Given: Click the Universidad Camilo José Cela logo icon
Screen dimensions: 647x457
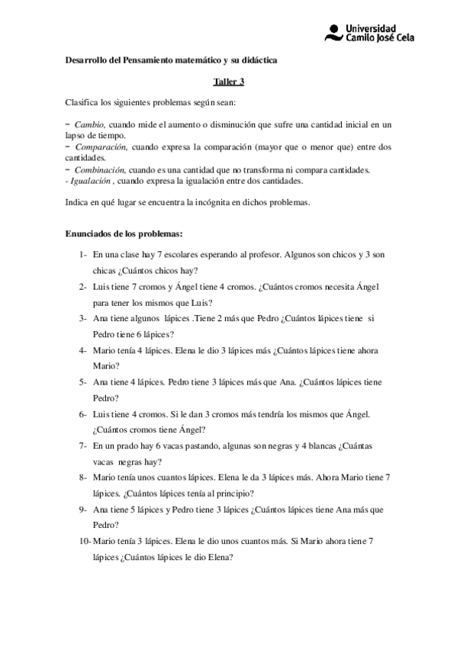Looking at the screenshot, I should (333, 31).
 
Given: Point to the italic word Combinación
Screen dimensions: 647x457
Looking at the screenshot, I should (98, 169).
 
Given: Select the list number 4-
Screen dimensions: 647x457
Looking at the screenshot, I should (82, 350).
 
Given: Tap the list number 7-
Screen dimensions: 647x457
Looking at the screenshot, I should (82, 445).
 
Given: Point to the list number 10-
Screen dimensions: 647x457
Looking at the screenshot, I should (85, 540).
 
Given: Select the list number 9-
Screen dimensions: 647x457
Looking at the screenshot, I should (82, 509).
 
